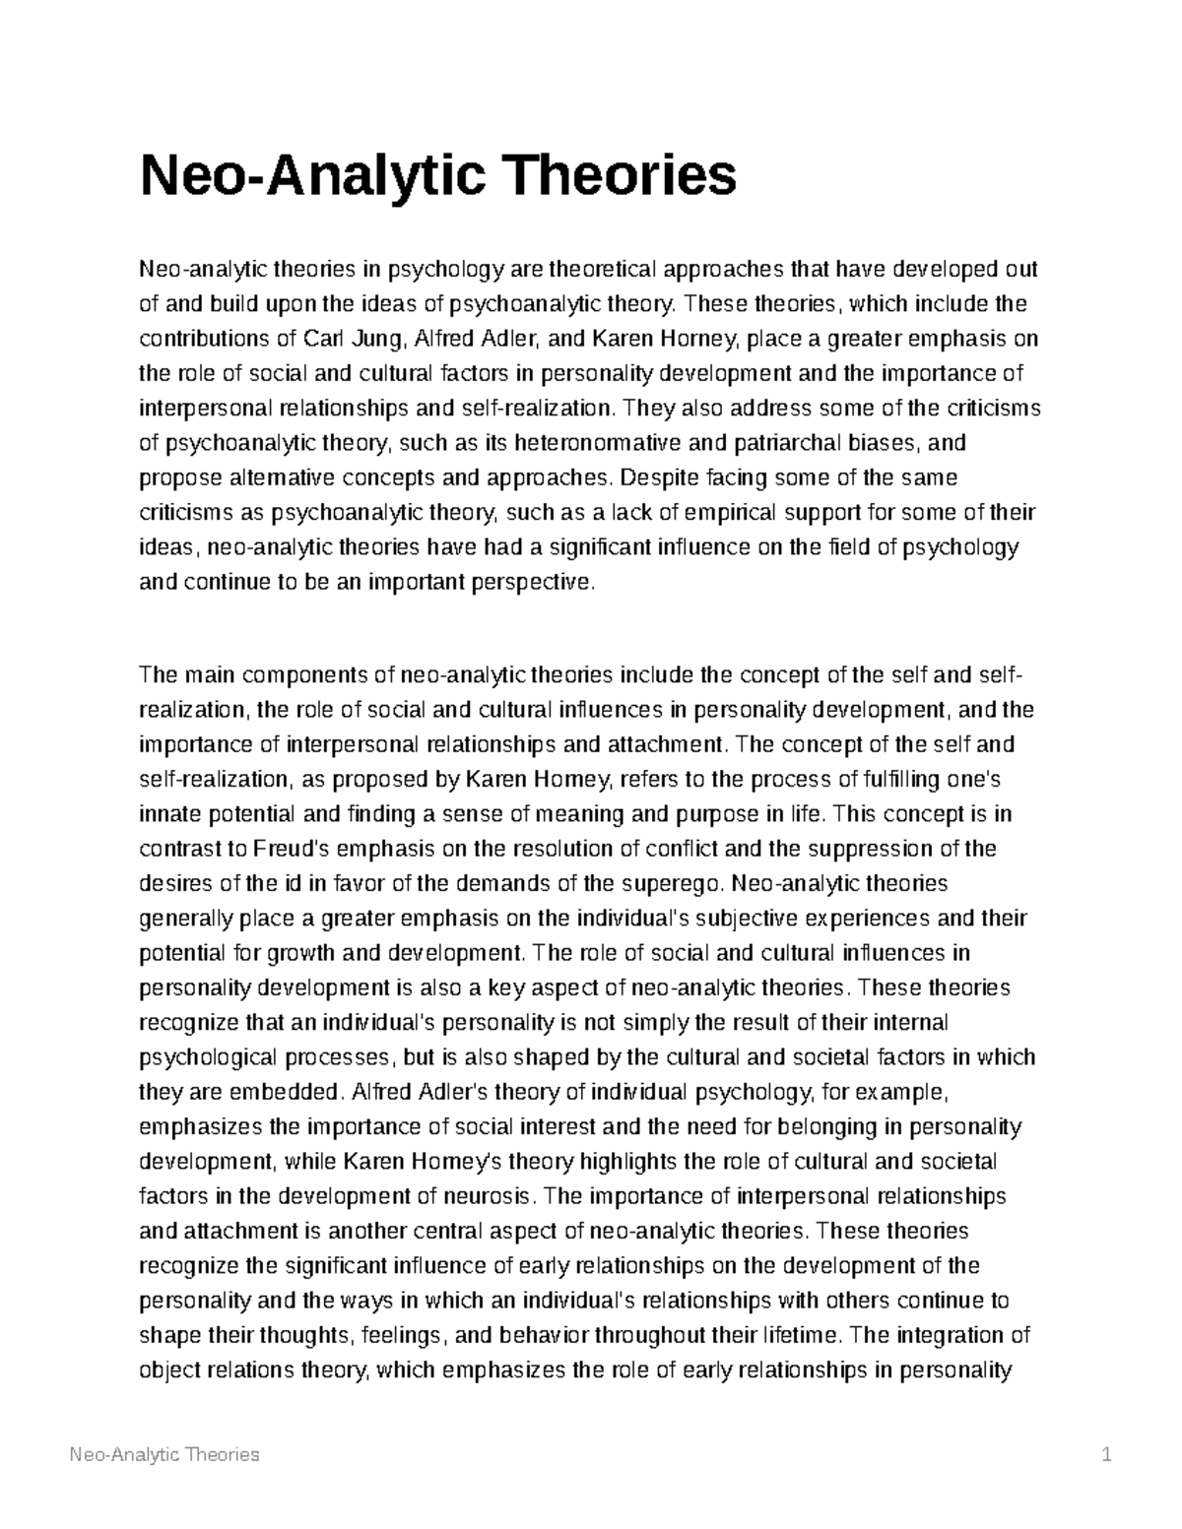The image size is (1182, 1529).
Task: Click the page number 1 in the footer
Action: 1107,1454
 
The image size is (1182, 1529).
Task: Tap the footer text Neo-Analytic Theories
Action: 164,1454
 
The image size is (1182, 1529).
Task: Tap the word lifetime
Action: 802,1335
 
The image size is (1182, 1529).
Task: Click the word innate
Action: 165,814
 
